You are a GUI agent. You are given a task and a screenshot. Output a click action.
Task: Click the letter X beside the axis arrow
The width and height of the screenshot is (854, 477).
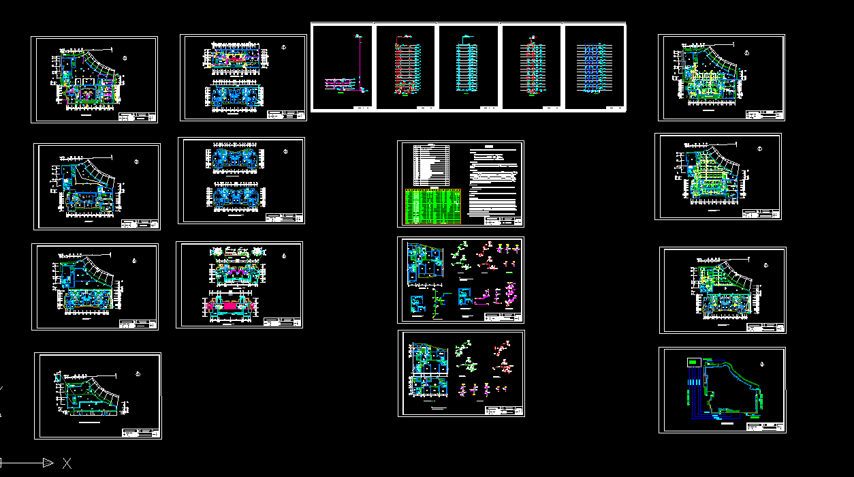67,463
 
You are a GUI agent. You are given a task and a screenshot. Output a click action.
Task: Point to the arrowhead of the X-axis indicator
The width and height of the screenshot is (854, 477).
48,463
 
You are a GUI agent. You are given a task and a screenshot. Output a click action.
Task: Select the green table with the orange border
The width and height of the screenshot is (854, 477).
433,206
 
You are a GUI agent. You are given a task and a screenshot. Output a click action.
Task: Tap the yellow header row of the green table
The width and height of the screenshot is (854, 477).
433,191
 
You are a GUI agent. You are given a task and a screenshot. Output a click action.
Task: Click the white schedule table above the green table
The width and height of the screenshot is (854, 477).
432,164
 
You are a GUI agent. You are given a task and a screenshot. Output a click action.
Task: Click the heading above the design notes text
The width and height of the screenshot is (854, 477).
489,147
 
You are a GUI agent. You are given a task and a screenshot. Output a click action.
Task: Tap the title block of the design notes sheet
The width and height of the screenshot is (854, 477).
503,221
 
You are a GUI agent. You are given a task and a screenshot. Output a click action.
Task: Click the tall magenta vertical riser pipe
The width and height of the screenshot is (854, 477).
359,61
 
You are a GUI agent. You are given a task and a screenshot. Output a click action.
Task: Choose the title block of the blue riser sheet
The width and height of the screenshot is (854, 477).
614,108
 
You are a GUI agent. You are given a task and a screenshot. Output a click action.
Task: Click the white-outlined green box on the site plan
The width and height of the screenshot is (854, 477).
693,362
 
